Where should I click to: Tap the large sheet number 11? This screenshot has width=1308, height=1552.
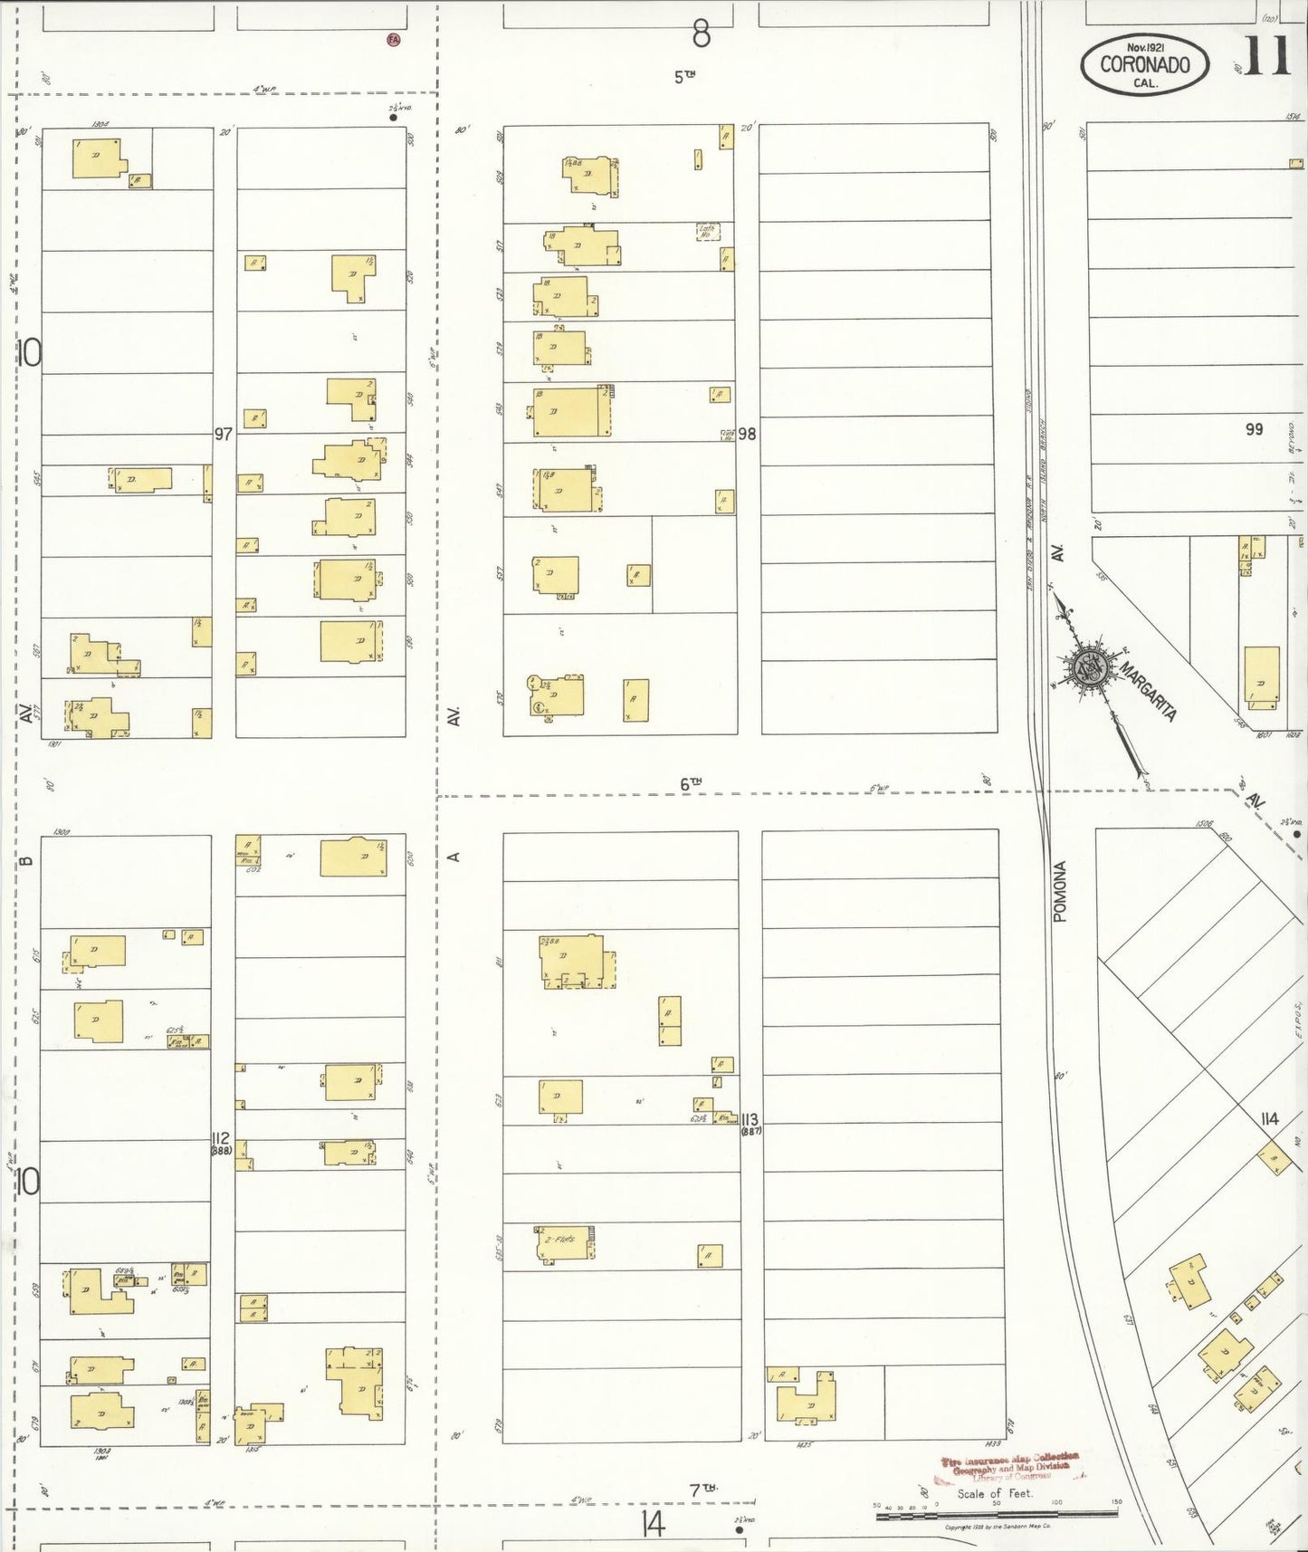tap(1265, 58)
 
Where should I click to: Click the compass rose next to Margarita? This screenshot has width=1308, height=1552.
tap(1088, 668)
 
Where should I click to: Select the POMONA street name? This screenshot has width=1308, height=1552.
tap(1061, 892)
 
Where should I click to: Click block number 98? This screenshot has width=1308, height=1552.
tap(747, 434)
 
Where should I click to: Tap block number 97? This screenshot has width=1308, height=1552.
tap(224, 434)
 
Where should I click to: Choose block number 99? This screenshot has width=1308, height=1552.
tap(1254, 429)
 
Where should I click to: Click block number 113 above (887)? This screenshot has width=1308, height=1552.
tap(749, 1119)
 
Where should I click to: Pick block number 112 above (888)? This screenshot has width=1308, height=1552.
tap(221, 1138)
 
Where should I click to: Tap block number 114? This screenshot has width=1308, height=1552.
tap(1269, 1120)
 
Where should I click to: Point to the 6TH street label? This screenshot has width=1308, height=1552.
tap(692, 784)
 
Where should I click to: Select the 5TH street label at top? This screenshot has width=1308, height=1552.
tap(684, 77)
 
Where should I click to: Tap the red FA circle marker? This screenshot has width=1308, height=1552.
tap(393, 39)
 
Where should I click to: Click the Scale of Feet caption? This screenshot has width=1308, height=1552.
tap(995, 1493)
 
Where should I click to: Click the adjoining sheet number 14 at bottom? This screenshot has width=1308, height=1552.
tap(650, 1525)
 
